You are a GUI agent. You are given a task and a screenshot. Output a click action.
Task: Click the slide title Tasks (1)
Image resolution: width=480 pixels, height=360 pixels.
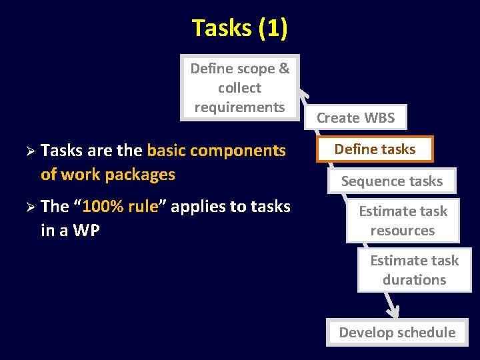pyautogui.click(x=239, y=28)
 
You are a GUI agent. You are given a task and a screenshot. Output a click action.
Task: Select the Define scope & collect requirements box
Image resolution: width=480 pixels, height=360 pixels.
pyautogui.click(x=240, y=87)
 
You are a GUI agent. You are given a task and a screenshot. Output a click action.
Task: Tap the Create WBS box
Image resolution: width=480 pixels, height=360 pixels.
pyautogui.click(x=355, y=118)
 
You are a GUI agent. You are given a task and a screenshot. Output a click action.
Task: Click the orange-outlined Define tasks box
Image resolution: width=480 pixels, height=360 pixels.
pyautogui.click(x=375, y=149)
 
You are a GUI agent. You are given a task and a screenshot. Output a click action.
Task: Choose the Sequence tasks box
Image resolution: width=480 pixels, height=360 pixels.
pyautogui.click(x=391, y=181)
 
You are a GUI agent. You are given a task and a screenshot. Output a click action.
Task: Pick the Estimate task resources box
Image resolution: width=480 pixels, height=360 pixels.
pyautogui.click(x=403, y=221)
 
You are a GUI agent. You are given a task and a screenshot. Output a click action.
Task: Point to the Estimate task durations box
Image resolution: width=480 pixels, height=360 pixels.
pyautogui.click(x=414, y=270)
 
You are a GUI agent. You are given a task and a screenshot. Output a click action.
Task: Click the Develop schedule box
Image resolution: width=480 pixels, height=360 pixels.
pyautogui.click(x=397, y=332)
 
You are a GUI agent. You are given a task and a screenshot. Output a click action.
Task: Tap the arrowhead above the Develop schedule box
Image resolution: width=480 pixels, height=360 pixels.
pyautogui.click(x=393, y=311)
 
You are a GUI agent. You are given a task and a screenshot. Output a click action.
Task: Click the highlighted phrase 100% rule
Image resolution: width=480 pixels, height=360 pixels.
pyautogui.click(x=120, y=207)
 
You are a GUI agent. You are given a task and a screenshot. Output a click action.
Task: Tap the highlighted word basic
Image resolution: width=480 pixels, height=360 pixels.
pyautogui.click(x=167, y=151)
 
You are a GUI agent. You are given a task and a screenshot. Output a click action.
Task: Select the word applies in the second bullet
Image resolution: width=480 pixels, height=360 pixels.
pyautogui.click(x=198, y=207)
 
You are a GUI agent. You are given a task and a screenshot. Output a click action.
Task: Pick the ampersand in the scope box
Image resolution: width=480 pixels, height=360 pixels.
pyautogui.click(x=284, y=69)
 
